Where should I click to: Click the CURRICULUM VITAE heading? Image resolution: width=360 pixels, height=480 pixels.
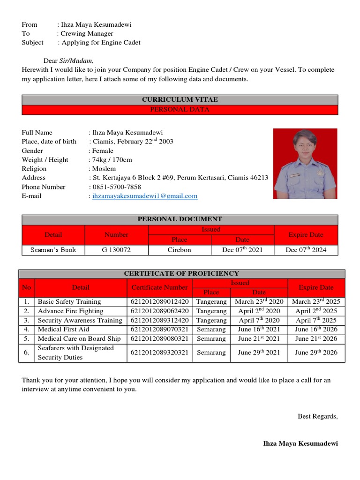click(x=180, y=100)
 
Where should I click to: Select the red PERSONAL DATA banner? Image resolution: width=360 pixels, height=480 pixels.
click(x=180, y=110)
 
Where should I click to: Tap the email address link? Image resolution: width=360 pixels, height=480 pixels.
click(x=145, y=196)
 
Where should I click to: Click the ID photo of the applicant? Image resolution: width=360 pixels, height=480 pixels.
click(x=305, y=164)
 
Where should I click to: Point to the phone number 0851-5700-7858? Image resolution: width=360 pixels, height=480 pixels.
click(x=116, y=187)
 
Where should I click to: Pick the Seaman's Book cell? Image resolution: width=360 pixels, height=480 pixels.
click(x=53, y=250)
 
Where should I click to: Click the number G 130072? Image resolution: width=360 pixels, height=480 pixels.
click(x=116, y=250)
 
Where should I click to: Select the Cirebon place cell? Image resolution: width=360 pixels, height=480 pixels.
click(x=180, y=250)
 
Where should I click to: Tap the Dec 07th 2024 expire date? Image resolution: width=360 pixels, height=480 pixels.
click(x=306, y=250)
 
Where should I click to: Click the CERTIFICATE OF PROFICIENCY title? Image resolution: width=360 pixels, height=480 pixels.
click(x=181, y=273)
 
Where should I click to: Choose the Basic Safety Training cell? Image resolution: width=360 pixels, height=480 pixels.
click(x=69, y=301)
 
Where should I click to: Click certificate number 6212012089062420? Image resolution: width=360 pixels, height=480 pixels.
click(x=159, y=311)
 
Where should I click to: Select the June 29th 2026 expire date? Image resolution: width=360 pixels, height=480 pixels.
click(x=316, y=352)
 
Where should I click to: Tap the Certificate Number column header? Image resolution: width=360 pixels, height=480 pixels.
click(x=159, y=287)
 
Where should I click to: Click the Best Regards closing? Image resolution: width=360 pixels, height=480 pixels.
click(x=318, y=416)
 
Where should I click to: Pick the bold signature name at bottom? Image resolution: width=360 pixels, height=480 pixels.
click(x=300, y=443)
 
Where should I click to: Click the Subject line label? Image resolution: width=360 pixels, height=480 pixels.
click(x=32, y=43)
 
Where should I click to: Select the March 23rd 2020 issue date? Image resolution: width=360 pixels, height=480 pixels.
click(x=259, y=301)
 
